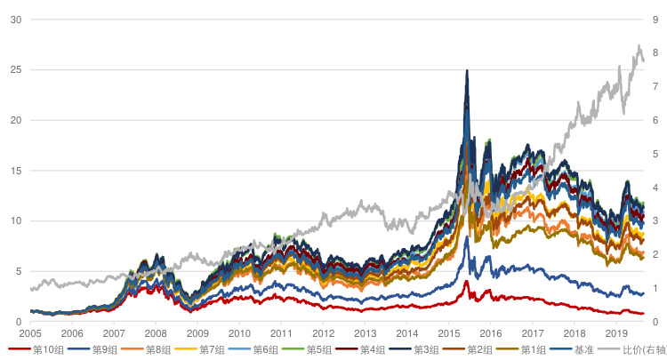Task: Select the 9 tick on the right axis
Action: pyautogui.click(x=655, y=19)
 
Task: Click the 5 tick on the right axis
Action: pyautogui.click(x=655, y=154)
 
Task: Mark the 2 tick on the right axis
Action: pyautogui.click(x=655, y=254)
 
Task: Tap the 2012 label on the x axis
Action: pyautogui.click(x=323, y=332)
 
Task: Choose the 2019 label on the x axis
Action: pyautogui.click(x=615, y=332)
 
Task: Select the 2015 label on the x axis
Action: pyautogui.click(x=448, y=332)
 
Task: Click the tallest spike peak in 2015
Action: pyautogui.click(x=467, y=71)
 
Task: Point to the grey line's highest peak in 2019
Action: pyautogui.click(x=639, y=45)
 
